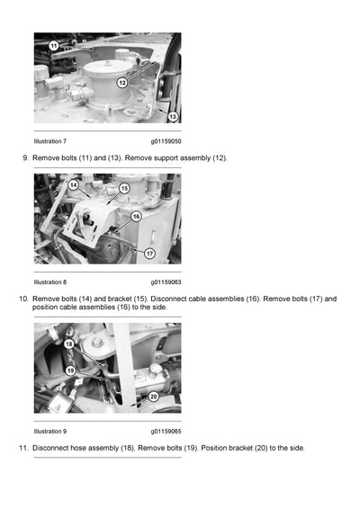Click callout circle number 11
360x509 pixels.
(53, 46)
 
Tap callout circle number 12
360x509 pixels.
(122, 83)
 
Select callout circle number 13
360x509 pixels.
(173, 117)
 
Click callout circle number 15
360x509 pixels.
(123, 188)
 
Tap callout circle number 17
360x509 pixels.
(149, 254)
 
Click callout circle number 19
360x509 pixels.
(68, 371)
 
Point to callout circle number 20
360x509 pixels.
(153, 397)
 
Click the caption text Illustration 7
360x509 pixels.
(50, 141)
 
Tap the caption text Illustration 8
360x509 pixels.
(50, 281)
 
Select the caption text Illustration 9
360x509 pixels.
(50, 431)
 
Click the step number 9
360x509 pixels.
(24, 158)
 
